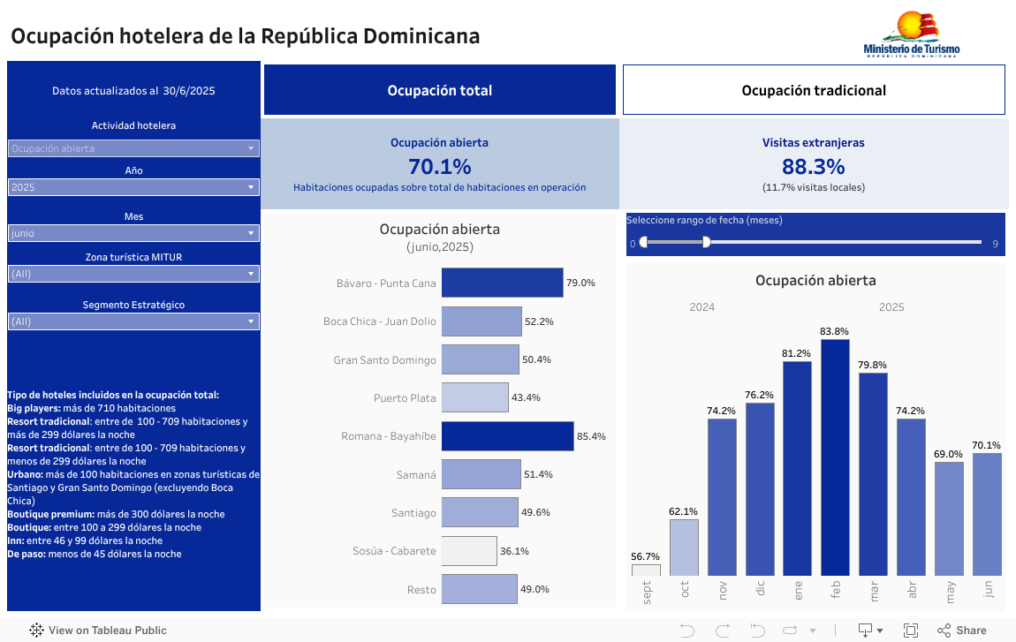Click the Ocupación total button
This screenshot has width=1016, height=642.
(x=439, y=90)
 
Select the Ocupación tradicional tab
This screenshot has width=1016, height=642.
(x=814, y=90)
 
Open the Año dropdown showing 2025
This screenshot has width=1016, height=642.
(x=133, y=187)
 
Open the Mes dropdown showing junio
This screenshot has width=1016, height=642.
(x=133, y=233)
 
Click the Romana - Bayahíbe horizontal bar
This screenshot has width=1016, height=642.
(x=507, y=436)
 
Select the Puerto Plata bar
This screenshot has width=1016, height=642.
(x=475, y=397)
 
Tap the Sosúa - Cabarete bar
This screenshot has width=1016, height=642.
(x=469, y=551)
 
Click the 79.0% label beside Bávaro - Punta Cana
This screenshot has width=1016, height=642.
(x=580, y=283)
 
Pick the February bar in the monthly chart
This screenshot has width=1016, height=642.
(x=835, y=457)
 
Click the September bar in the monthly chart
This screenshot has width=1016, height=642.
(x=646, y=570)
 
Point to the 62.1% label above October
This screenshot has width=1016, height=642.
(x=684, y=511)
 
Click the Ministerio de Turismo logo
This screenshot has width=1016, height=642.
(x=911, y=35)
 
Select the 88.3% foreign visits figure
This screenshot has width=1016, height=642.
(x=813, y=166)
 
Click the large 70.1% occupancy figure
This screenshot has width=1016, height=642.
(x=439, y=166)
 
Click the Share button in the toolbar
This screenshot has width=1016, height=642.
(x=962, y=631)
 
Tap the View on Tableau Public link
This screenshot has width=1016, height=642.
(x=98, y=631)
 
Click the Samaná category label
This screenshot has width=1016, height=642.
(x=416, y=475)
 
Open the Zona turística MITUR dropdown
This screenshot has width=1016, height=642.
(x=133, y=274)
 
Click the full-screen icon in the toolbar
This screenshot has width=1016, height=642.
(x=910, y=631)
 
